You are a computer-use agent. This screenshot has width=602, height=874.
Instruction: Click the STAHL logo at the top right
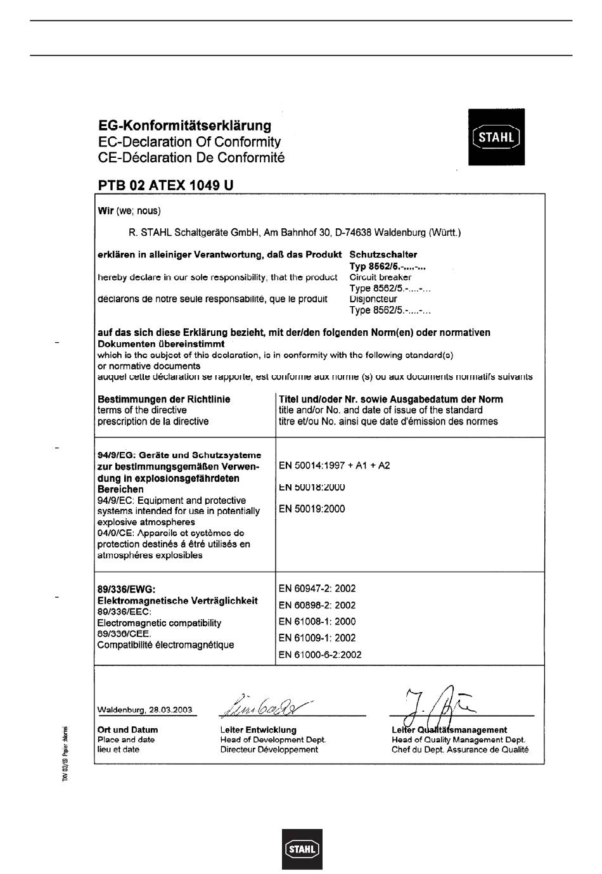pos(496,137)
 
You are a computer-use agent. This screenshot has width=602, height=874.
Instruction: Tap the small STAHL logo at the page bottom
pos(302,849)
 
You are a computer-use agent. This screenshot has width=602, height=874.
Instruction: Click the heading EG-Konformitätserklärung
pos(184,125)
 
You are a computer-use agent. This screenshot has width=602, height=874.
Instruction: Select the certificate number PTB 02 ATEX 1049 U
pos(165,185)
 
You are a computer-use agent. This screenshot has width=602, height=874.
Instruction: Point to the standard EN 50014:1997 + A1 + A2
pos(334,465)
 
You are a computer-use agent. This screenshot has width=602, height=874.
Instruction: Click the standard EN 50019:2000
pos(312,508)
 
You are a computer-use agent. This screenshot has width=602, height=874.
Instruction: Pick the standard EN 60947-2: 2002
pos(317,588)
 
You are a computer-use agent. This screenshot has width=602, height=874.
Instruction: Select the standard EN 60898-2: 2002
pos(317,605)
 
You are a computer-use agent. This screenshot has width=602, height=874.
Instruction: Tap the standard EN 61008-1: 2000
pos(317,621)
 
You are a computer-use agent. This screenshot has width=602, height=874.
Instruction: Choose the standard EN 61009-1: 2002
pos(317,638)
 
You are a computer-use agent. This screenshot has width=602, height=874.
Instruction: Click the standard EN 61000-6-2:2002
pos(320,655)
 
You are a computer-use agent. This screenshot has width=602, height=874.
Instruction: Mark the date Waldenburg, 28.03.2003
pos(144,710)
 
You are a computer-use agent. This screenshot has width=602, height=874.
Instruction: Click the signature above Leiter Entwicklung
pos(266,703)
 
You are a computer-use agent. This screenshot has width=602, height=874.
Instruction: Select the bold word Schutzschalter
pos(383,254)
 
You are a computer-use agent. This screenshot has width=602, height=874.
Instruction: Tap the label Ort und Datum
pos(127,729)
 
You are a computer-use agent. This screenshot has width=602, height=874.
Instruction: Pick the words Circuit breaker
pos(380,277)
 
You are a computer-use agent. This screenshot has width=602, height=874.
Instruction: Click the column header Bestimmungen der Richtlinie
pos(163,399)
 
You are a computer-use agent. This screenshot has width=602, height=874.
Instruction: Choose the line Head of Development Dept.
pos(273,740)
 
